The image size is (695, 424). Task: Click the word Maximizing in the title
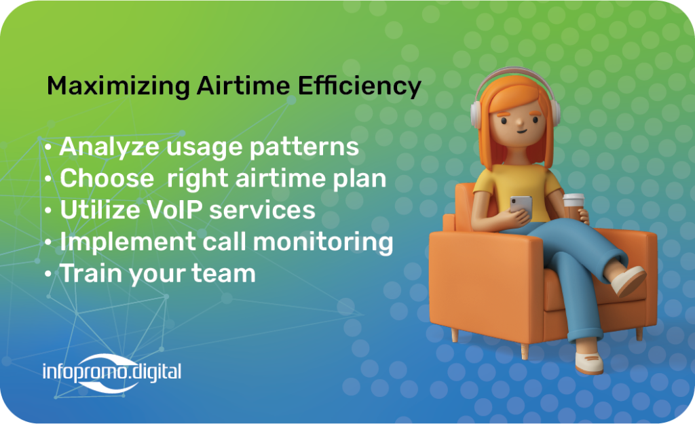pos(118,86)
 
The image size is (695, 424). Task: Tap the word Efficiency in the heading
pos(360,86)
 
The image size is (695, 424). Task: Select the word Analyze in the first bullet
pos(109,147)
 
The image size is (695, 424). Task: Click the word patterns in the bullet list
pos(304,147)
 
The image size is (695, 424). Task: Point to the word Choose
pos(107,178)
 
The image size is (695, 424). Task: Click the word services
pos(262,210)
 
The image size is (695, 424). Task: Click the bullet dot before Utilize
pos(48,210)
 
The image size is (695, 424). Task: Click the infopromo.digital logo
pos(112,373)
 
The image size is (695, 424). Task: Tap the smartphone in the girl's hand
pos(521,206)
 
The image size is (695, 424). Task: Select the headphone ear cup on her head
pos(476,114)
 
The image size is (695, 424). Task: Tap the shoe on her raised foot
pos(628,281)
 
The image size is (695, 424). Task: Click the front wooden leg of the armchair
pos(525,351)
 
